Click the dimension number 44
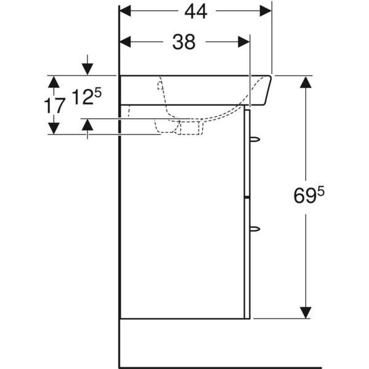pyautogui.click(x=195, y=11)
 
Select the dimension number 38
pyautogui.click(x=183, y=42)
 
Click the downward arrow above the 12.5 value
pyautogui.click(x=88, y=68)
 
